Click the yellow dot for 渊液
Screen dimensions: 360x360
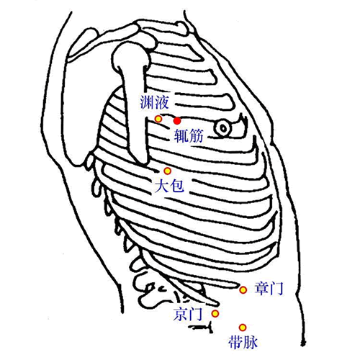coord(158,119)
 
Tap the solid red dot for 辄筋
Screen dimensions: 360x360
coord(177,121)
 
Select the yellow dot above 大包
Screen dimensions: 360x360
coord(167,171)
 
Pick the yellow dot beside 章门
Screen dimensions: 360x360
coord(243,290)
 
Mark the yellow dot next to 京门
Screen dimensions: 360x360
coord(215,313)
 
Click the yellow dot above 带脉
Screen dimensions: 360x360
coord(243,328)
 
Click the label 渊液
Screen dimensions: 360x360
coord(155,102)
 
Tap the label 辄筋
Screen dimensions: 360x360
coord(189,136)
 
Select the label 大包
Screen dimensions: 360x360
coord(169,186)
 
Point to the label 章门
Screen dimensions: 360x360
coord(269,289)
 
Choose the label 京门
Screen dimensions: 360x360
coord(188,314)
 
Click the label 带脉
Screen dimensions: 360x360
coord(243,342)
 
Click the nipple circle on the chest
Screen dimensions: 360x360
coord(223,129)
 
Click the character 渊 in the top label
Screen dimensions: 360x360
coord(147,102)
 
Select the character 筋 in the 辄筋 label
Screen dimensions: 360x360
coord(197,136)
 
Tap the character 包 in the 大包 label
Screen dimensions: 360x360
coord(177,186)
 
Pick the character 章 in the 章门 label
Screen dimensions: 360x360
coord(261,289)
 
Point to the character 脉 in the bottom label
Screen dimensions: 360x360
coord(251,342)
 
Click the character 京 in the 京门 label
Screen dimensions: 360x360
coord(181,314)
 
